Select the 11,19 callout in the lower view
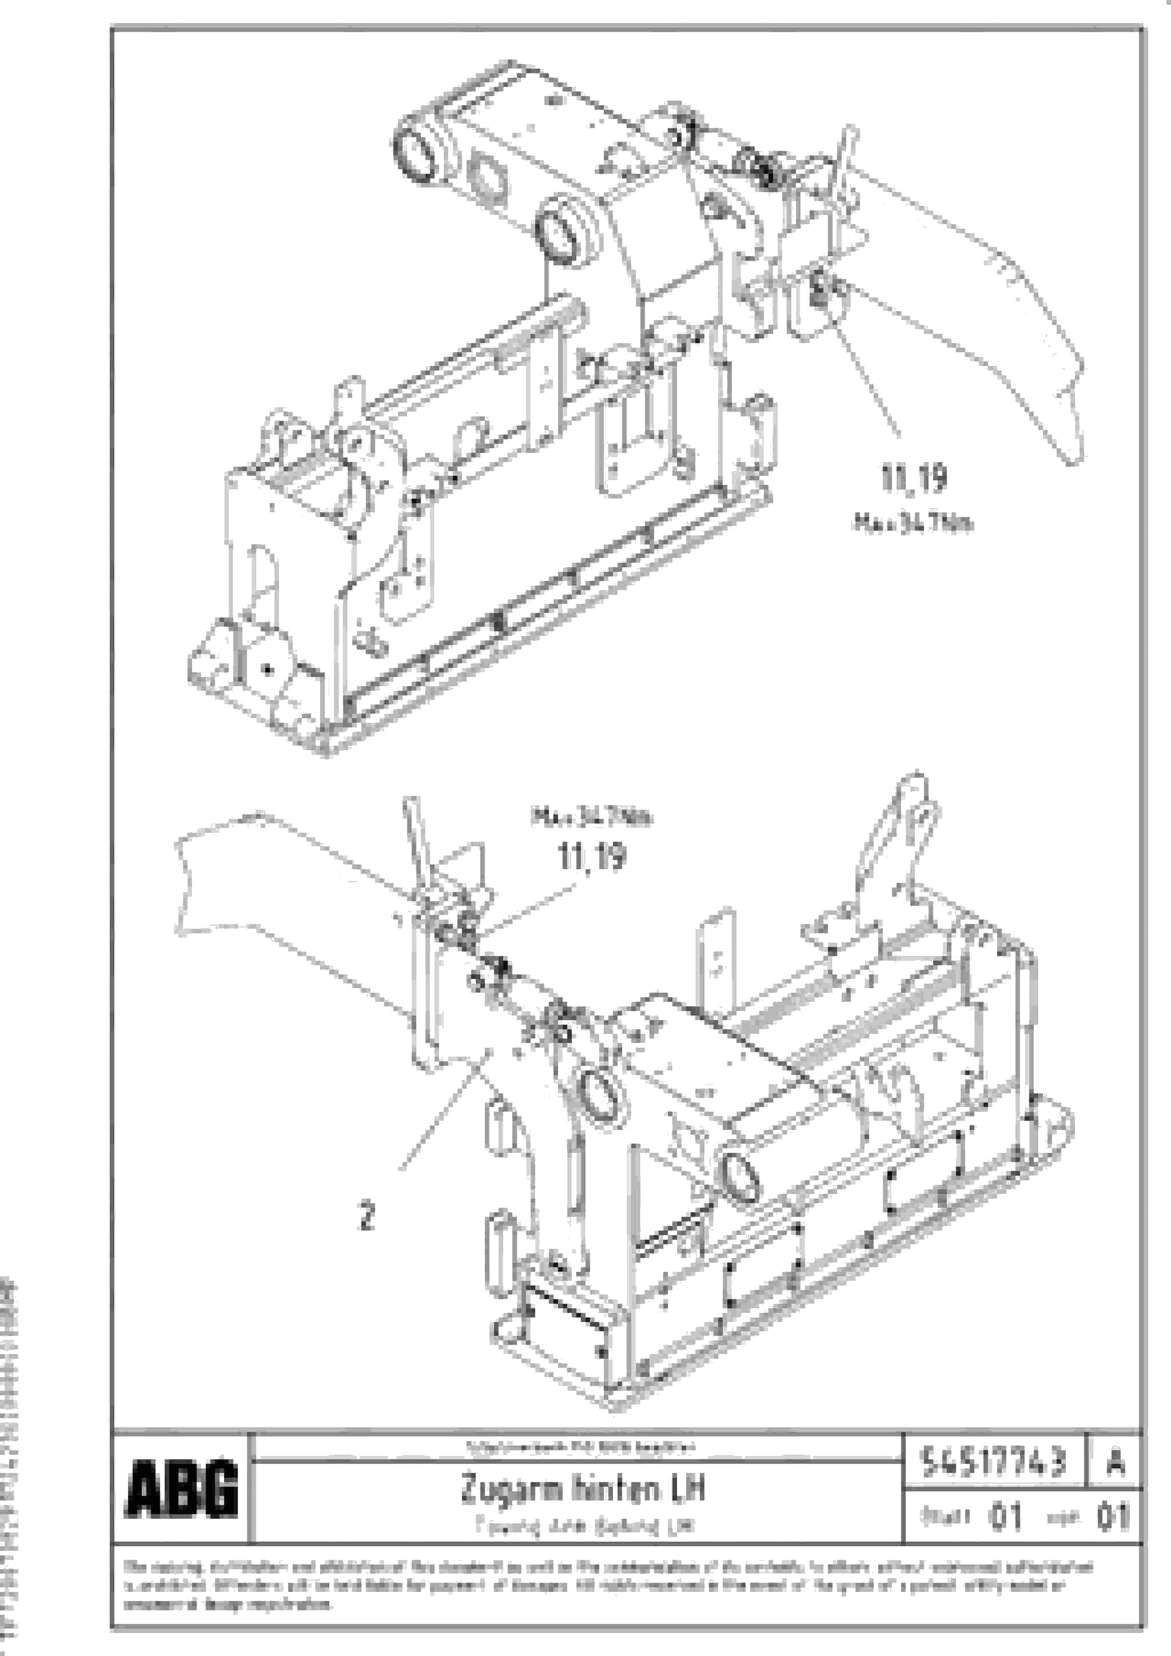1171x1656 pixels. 592,857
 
